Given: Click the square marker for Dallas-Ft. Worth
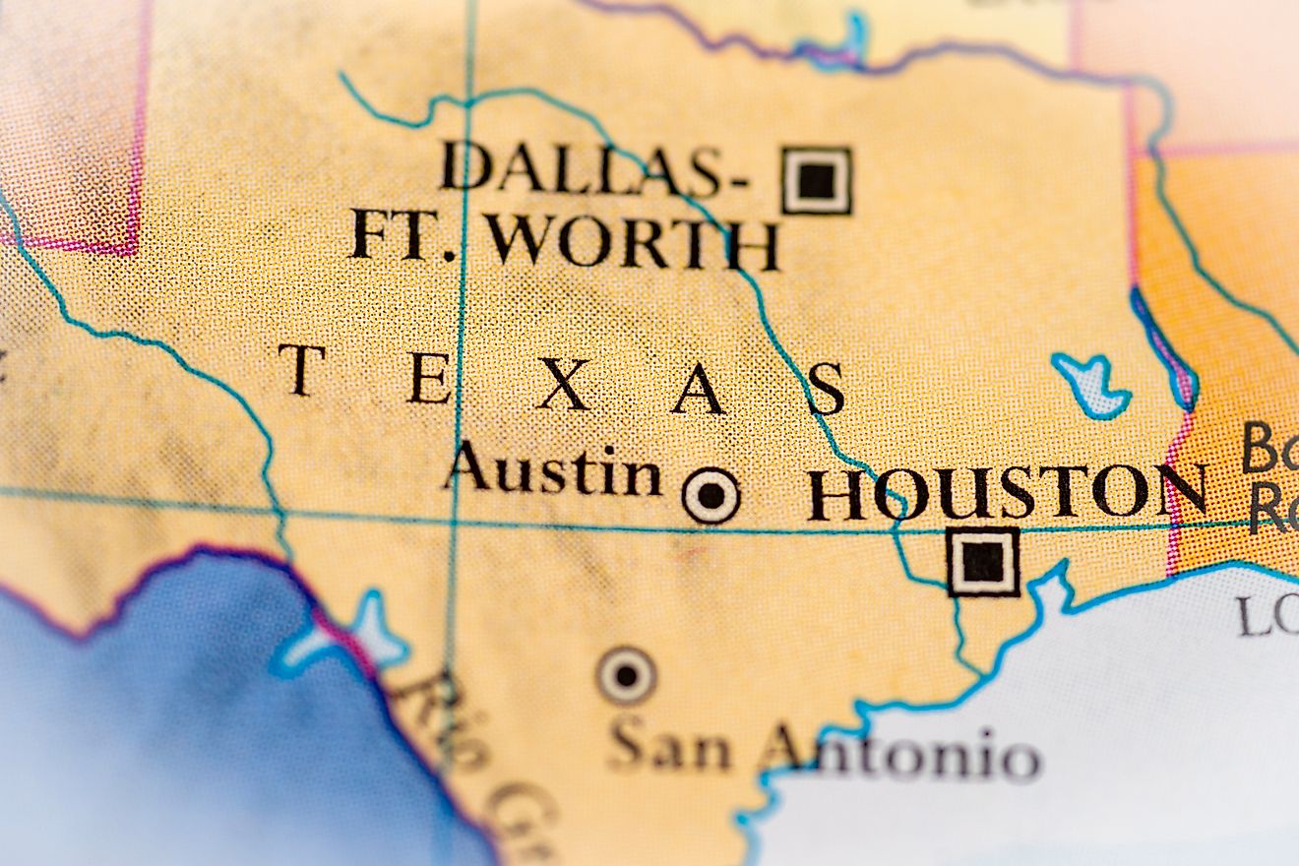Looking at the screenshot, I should (x=817, y=180).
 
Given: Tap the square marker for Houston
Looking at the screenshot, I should (x=983, y=562).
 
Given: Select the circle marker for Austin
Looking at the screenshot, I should (x=711, y=495).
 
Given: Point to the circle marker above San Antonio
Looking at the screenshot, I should (x=627, y=676).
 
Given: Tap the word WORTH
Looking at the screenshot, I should (x=635, y=241).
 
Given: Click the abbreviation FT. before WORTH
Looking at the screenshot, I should (x=405, y=235).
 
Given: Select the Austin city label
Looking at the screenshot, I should (x=552, y=469).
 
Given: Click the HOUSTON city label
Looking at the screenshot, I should (x=1007, y=492).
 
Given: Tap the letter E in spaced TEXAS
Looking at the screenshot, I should (x=430, y=378).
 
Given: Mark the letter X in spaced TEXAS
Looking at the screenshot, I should (x=563, y=385).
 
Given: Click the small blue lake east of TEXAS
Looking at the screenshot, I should (x=1090, y=384).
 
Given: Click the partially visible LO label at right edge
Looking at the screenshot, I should (x=1268, y=616).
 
